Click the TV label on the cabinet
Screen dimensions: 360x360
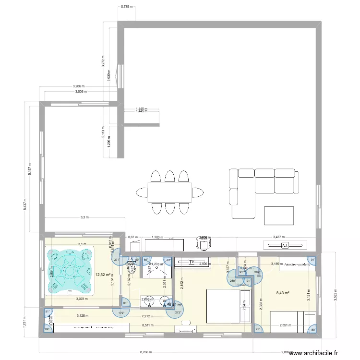point(192,262)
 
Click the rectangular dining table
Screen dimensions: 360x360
point(169,192)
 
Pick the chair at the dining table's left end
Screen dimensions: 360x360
point(142,192)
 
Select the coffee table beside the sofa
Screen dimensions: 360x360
point(279,216)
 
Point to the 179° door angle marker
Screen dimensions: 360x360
point(122,313)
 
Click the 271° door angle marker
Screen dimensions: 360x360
point(117,260)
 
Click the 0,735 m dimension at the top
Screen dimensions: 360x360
point(127,7)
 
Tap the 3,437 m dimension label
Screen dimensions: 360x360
point(278,237)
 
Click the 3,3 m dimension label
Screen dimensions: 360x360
point(85,217)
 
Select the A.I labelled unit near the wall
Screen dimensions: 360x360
point(285,245)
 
